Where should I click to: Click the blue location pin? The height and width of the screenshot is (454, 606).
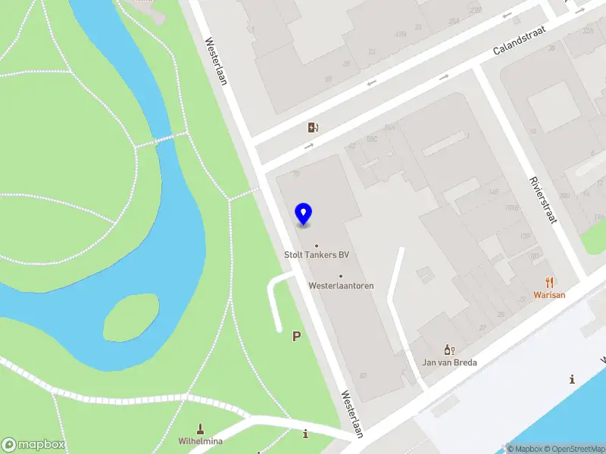point(303,214)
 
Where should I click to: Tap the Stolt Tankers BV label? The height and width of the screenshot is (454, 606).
point(317,255)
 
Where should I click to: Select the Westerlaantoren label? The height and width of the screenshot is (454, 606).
point(341,286)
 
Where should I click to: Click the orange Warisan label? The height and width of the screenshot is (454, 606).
point(549,295)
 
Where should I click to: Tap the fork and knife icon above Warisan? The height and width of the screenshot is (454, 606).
point(550,282)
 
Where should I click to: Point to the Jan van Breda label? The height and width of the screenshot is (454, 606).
point(449,362)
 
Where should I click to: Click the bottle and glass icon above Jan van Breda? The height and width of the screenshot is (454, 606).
point(449,350)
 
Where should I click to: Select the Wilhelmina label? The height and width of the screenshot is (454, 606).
point(200,440)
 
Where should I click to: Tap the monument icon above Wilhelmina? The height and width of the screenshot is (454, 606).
point(201,428)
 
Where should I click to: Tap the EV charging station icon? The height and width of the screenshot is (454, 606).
point(313,127)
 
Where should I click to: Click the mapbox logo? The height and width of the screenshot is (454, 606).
point(33,445)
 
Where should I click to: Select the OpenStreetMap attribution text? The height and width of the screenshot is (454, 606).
point(578,449)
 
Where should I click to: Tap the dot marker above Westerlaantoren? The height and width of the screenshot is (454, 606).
point(341,276)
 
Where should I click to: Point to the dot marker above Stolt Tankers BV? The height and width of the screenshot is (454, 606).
point(317,245)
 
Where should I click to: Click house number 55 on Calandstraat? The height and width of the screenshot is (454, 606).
point(328,79)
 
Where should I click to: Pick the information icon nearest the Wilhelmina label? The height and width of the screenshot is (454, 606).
point(305,434)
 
